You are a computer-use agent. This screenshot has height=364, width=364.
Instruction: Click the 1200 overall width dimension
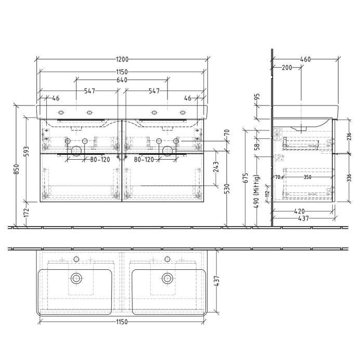[122, 60]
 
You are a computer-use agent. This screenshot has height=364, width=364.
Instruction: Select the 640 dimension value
[122, 80]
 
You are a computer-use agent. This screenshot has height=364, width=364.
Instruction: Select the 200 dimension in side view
[287, 68]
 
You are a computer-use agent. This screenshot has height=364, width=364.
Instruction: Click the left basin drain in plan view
[76, 278]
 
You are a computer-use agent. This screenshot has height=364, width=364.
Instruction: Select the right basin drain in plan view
[167, 278]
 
